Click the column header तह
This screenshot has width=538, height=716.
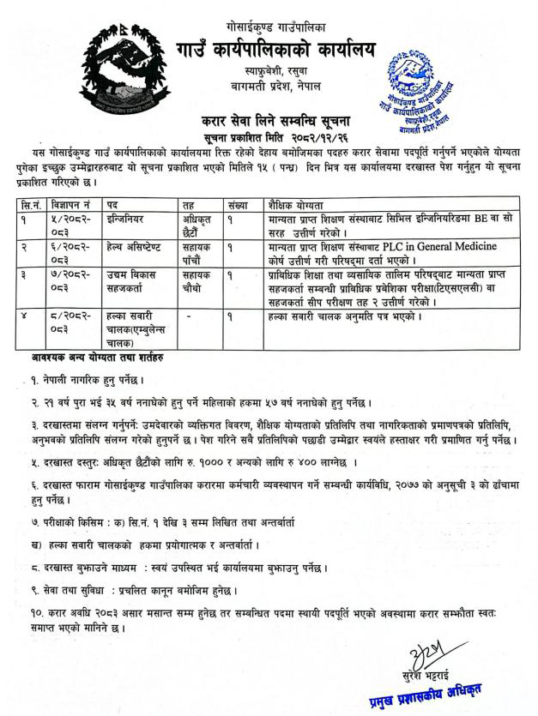tap(189, 206)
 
